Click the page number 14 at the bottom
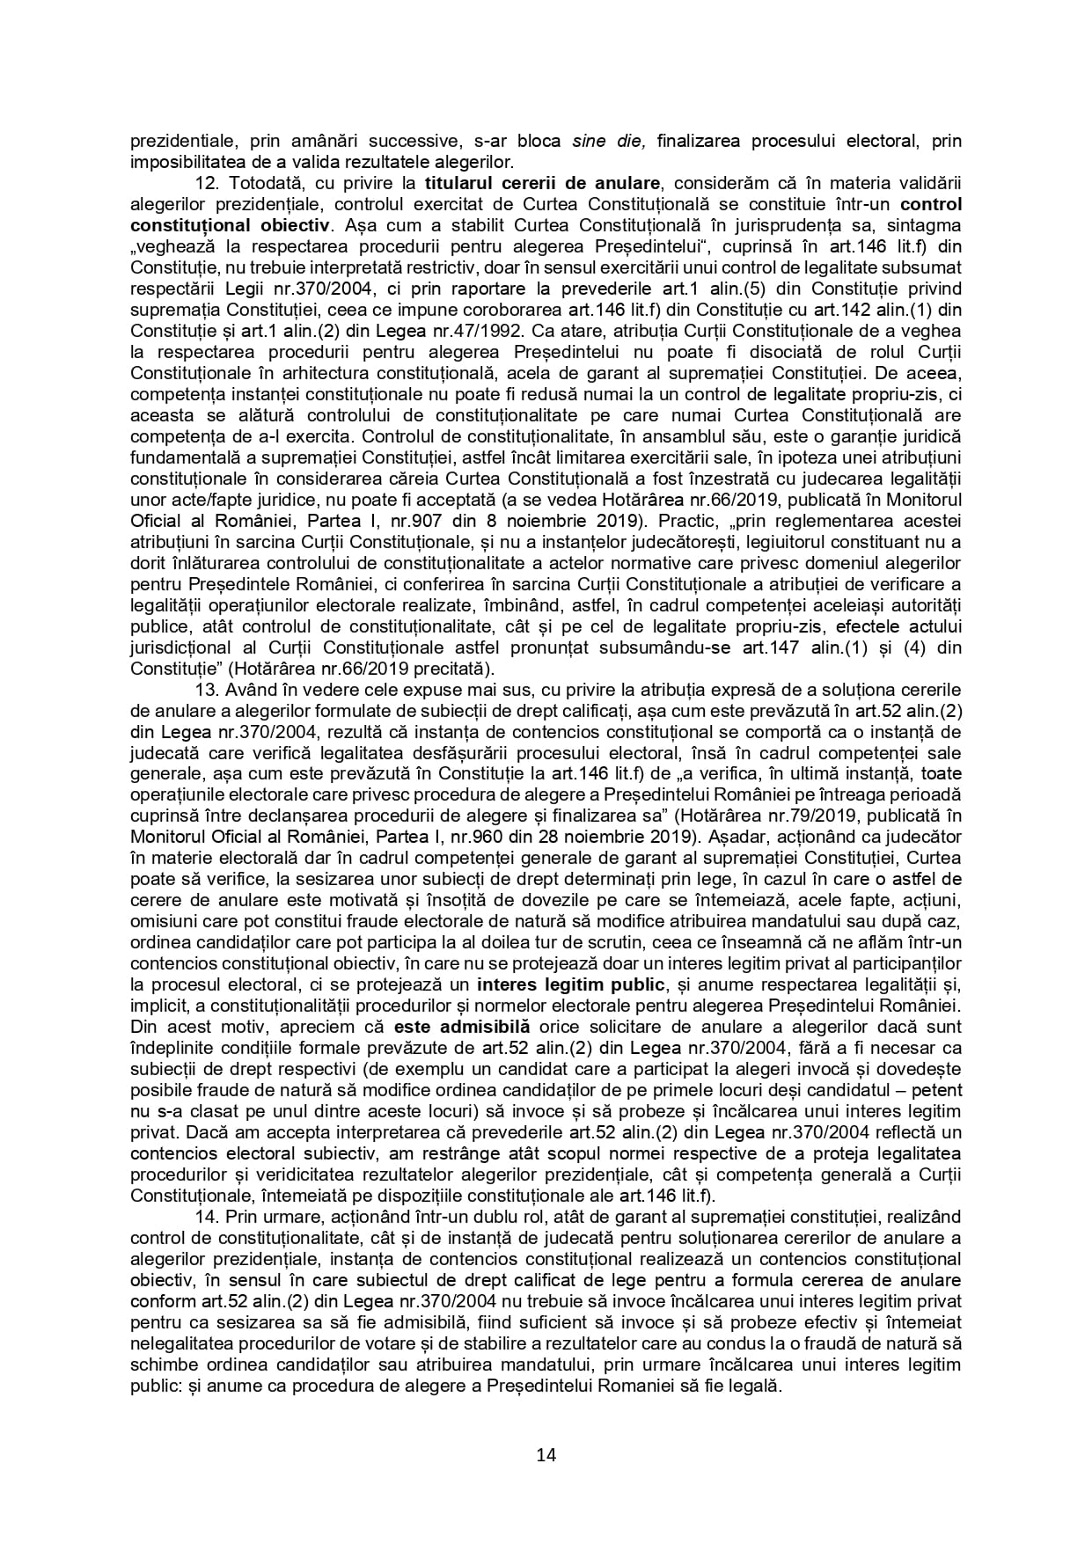pyautogui.click(x=546, y=1454)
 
